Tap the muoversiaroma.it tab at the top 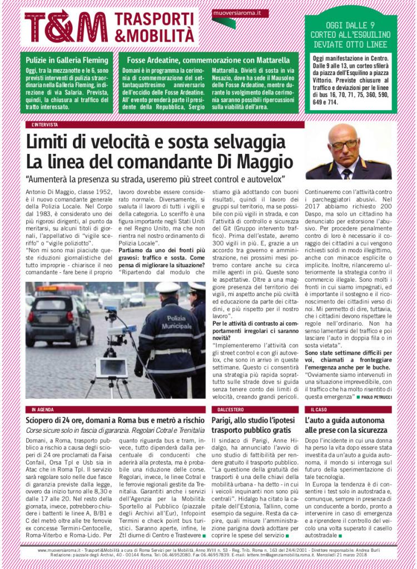coord(239,13)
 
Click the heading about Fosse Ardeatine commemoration coord(208,59)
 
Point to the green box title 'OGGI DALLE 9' coord(350,25)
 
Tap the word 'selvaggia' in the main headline coord(242,143)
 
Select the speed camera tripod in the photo coord(111,356)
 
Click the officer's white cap coord(168,287)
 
